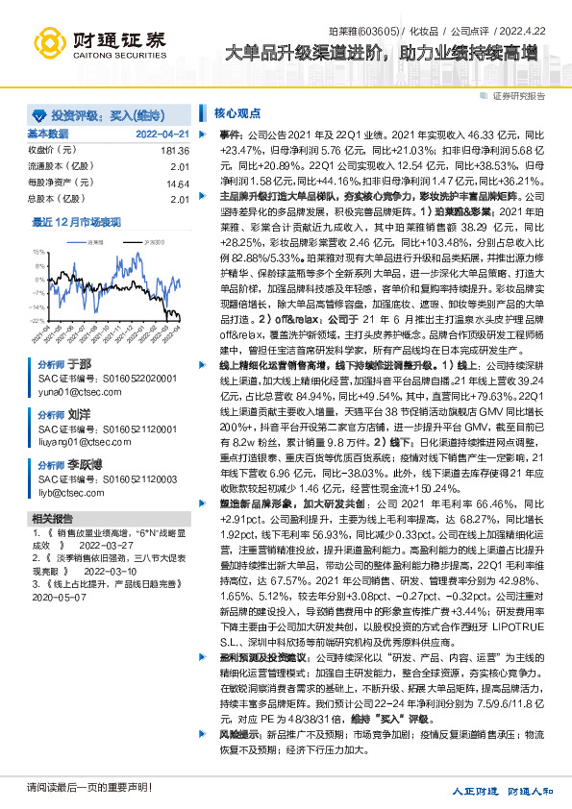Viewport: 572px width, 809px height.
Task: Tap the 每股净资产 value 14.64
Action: (x=178, y=183)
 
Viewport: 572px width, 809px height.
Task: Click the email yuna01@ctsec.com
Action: (x=67, y=392)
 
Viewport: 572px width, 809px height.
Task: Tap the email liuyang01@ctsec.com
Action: (x=72, y=443)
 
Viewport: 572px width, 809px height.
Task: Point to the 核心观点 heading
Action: (x=235, y=112)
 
